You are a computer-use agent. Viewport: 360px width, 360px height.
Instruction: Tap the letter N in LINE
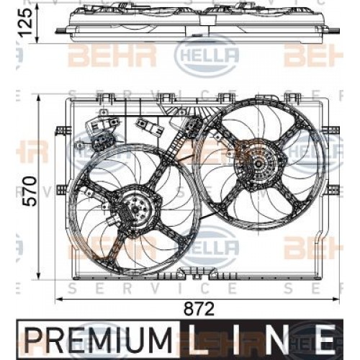pyautogui.click(x=280, y=338)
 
